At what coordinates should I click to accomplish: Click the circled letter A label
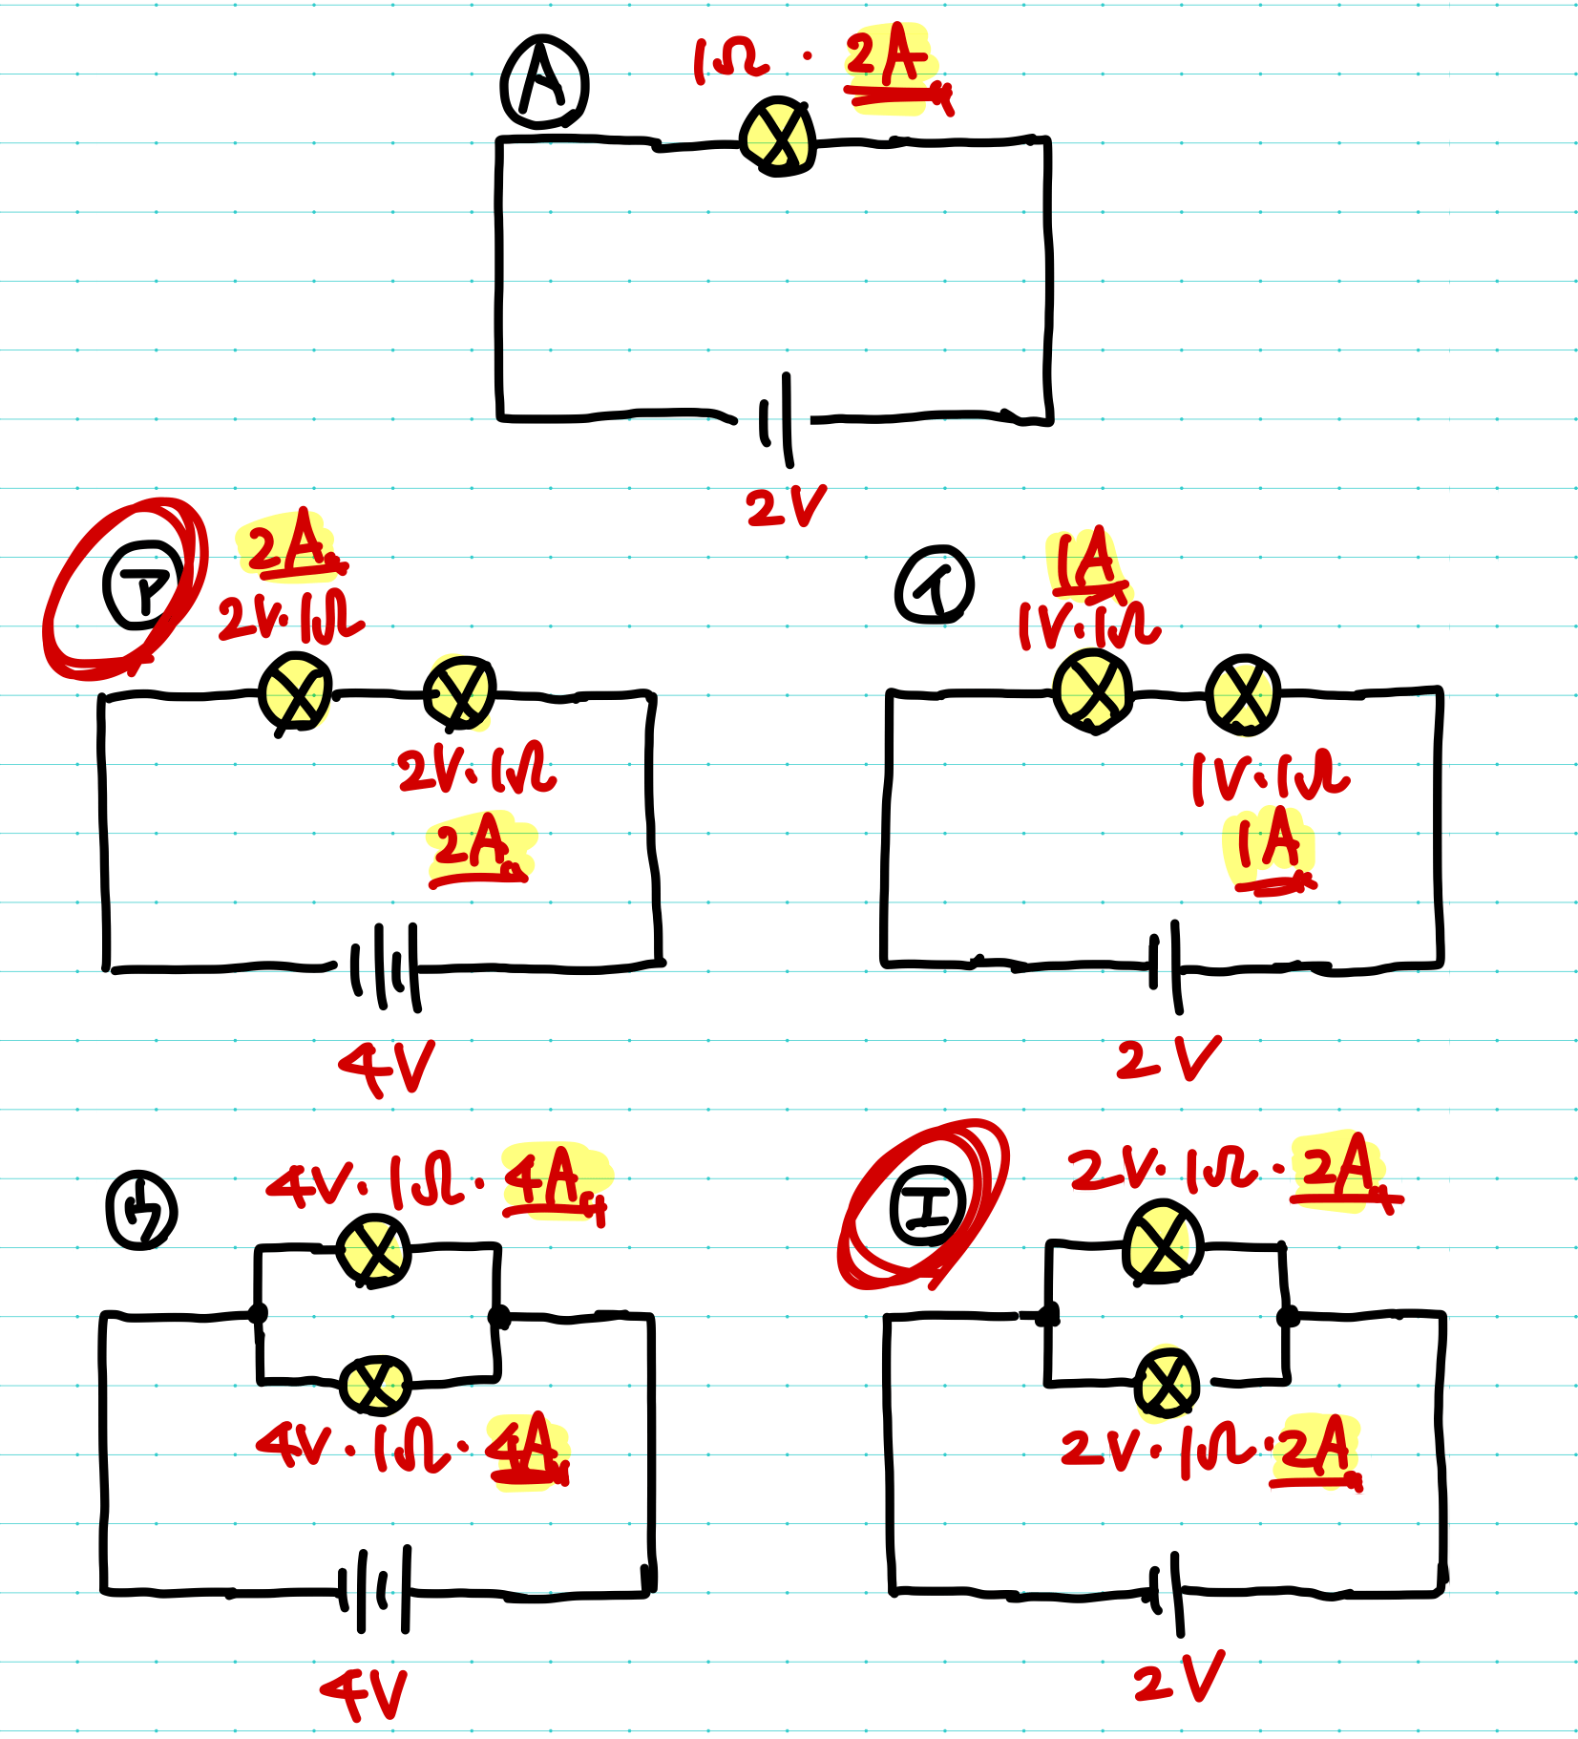coord(543,83)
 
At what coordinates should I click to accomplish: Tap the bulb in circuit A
coord(779,137)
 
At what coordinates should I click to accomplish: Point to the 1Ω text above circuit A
coord(730,59)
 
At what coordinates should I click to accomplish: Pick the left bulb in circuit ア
coord(296,692)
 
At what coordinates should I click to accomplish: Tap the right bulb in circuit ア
coord(459,692)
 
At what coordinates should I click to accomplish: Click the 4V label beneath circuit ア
coord(387,1067)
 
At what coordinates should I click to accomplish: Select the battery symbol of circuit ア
coord(385,966)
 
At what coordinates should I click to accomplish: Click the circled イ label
coord(935,584)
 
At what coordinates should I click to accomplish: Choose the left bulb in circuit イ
coord(1092,691)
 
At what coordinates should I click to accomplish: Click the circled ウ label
coord(141,1210)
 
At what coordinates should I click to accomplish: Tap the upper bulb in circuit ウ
coord(374,1250)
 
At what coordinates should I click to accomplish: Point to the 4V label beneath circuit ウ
coord(365,1693)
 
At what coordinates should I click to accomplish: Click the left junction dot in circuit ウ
coord(258,1313)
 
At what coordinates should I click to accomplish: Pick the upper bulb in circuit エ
coord(1163,1242)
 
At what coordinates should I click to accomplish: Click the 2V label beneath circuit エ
coord(1178,1678)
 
